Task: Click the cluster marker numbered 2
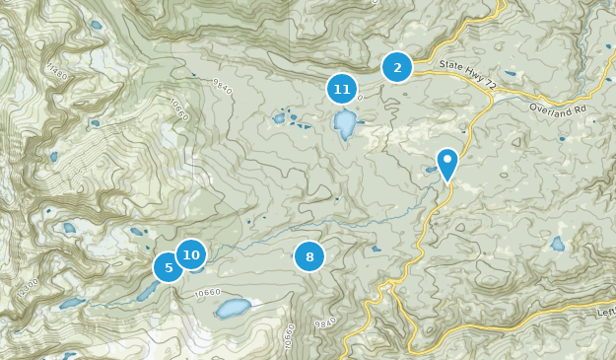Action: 397,67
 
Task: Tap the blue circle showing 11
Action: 342,90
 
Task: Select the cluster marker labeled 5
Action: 169,266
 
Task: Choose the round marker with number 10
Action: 191,254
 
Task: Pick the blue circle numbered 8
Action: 309,257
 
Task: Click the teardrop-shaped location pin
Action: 447,163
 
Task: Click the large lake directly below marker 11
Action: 345,124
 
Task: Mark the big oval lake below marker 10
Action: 234,309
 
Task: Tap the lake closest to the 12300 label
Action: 72,304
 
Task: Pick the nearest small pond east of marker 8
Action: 376,249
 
